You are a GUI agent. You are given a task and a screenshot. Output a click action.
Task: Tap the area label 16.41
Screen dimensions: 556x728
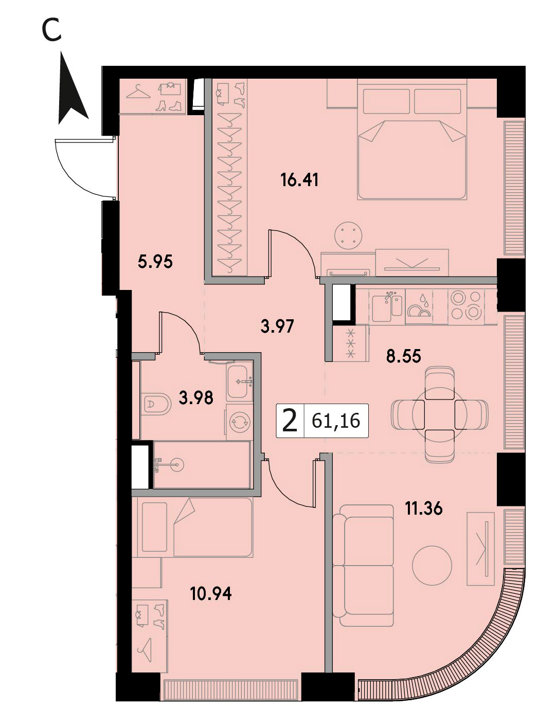tap(299, 180)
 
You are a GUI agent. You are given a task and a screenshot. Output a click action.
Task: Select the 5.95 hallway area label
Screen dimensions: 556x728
tap(155, 262)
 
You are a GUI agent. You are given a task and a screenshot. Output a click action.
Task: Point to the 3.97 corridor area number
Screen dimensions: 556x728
tap(277, 326)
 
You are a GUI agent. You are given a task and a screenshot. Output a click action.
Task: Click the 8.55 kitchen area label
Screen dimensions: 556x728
tap(403, 356)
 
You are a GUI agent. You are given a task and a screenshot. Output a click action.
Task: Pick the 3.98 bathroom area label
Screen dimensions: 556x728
tap(196, 397)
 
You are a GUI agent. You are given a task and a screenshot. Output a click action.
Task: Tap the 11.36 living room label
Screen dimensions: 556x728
tap(424, 508)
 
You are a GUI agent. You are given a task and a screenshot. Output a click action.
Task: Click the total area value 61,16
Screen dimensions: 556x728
tap(336, 421)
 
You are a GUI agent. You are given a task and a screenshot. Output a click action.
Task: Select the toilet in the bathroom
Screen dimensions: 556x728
tap(155, 404)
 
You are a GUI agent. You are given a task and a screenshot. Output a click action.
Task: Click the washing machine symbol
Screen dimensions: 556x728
tap(240, 422)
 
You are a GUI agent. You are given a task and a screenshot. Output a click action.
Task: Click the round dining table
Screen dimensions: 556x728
tap(440, 414)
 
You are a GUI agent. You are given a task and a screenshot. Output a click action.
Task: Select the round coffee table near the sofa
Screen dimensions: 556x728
tap(432, 566)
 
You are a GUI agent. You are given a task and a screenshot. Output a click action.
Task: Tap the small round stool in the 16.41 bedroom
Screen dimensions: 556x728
tap(348, 235)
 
